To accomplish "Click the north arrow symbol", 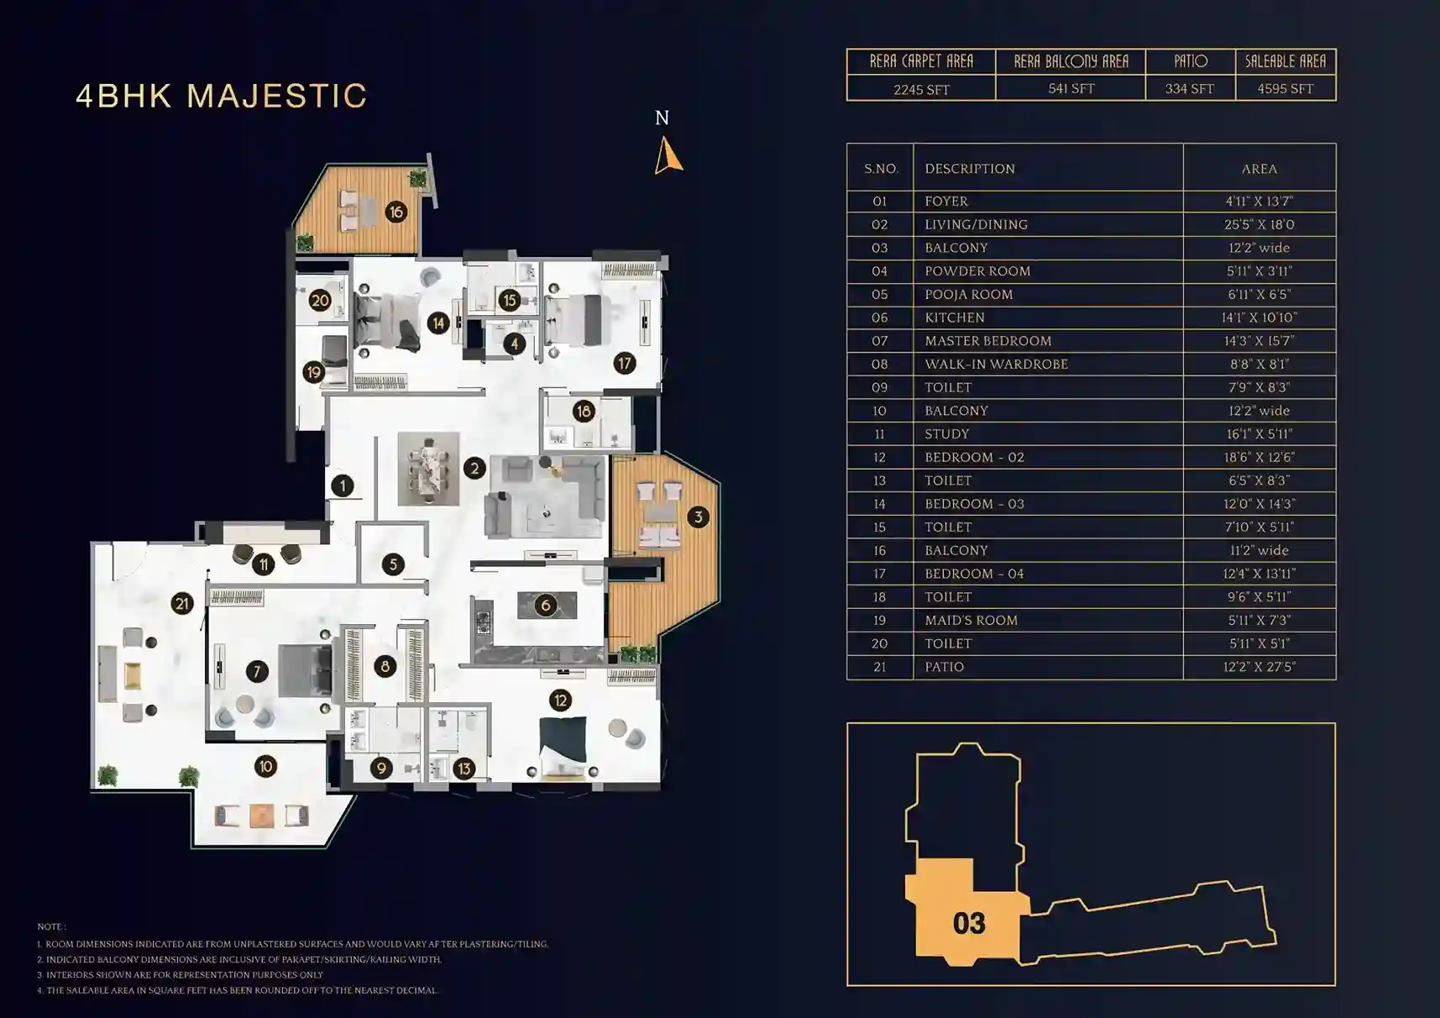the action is pos(668,156).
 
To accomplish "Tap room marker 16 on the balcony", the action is pos(395,213).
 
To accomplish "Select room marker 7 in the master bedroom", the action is pos(257,671).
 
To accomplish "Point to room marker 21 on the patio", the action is pos(182,603).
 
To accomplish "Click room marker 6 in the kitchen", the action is pos(546,605).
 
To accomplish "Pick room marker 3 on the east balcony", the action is pos(698,517).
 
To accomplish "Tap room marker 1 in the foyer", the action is pos(342,485).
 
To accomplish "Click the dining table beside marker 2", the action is pos(428,469).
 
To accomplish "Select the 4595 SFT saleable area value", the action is pos(1285,88).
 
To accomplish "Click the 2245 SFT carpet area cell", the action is pos(921,89).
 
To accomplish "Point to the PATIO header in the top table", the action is pos(1190,61).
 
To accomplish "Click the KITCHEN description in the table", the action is pos(955,317).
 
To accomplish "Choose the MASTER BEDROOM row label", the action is pos(988,341).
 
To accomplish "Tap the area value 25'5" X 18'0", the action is pos(1259,224).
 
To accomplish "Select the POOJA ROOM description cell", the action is pos(969,294).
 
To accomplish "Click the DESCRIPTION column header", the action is pos(970,169).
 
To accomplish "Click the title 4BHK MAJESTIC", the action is pos(222,96).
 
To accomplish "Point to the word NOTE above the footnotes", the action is pos(50,926).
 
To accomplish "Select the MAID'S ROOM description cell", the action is pos(971,620).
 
